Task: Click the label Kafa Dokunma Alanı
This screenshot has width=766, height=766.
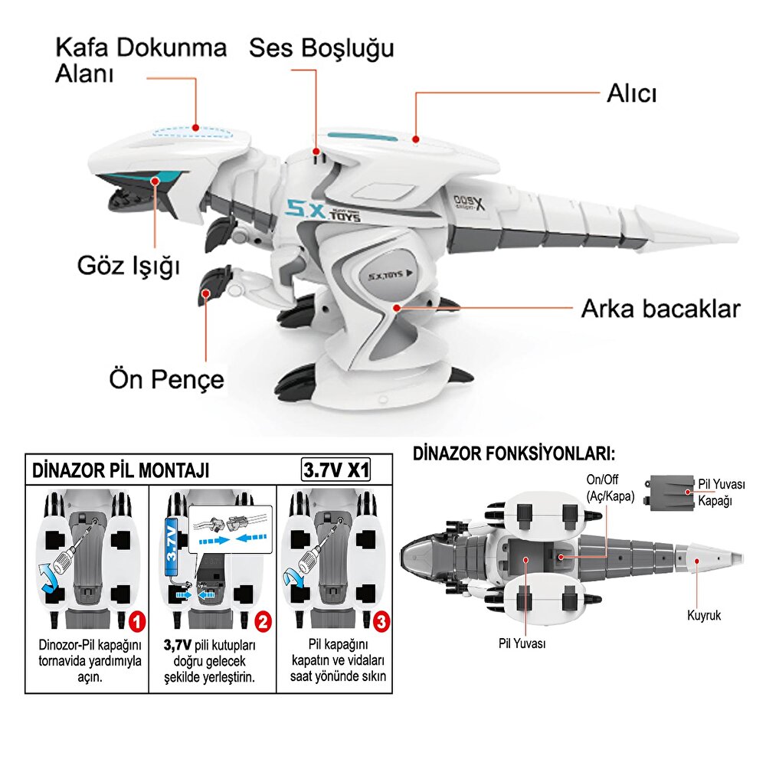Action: tap(140, 61)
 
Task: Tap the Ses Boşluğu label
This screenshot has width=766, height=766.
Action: tap(321, 48)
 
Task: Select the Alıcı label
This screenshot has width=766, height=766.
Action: tap(632, 93)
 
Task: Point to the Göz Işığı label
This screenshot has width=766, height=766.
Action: tap(128, 266)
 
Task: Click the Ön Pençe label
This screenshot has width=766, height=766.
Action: tap(166, 378)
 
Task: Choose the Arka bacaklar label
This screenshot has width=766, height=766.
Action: tap(660, 309)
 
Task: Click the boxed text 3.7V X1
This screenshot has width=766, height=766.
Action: tap(336, 469)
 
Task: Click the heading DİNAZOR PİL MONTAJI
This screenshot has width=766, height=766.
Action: tap(120, 470)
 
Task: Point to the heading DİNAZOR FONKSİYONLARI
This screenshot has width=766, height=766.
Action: tap(513, 454)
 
